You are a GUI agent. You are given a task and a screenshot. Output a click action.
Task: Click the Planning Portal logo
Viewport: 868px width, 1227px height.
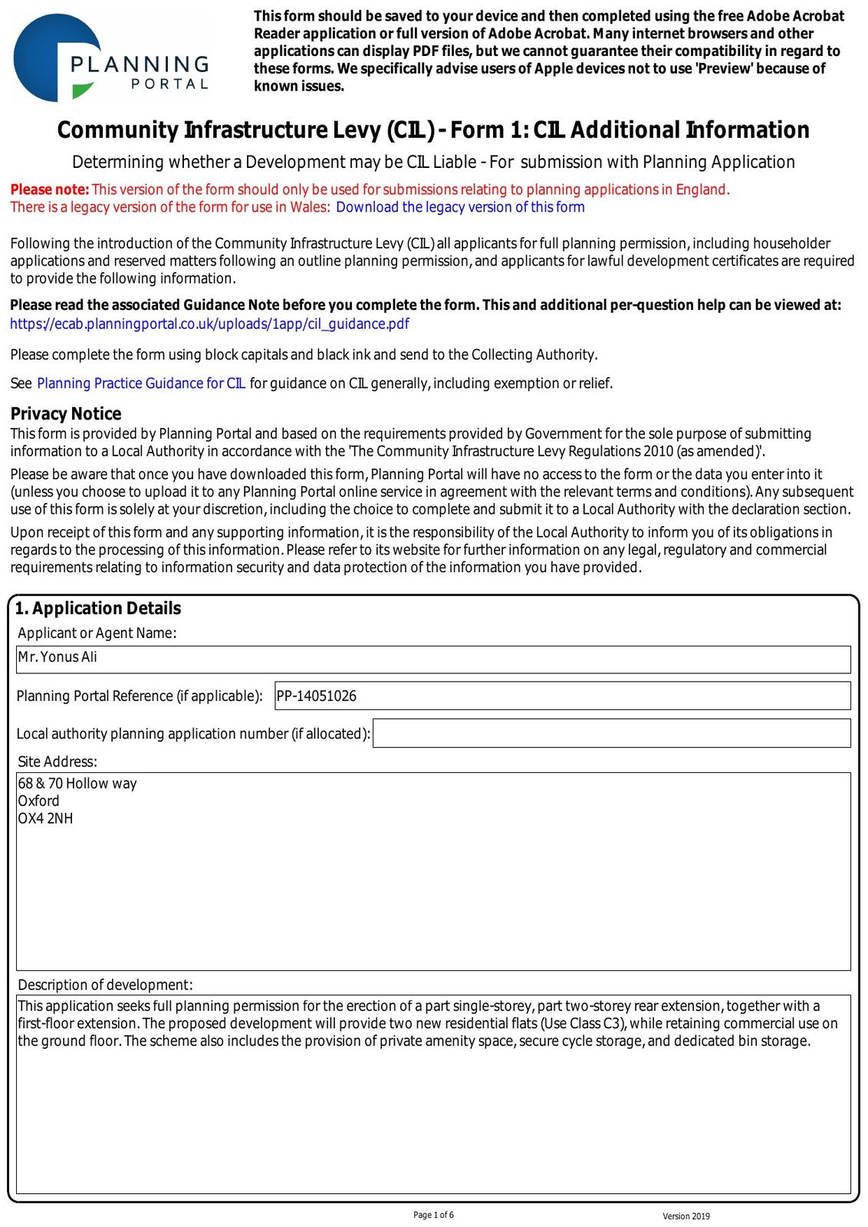(111, 58)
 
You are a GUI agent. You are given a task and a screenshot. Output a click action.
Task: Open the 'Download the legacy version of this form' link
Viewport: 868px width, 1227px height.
(460, 207)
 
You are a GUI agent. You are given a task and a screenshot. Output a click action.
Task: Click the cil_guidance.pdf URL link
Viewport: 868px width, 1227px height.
(209, 324)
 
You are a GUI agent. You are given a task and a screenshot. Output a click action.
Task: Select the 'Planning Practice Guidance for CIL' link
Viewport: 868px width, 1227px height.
(141, 383)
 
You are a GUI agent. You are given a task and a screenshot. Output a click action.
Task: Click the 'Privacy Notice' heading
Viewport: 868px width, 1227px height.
(66, 414)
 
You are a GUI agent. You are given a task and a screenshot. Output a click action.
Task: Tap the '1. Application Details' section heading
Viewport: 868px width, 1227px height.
(98, 608)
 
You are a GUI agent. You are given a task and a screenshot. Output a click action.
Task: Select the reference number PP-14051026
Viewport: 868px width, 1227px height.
(317, 696)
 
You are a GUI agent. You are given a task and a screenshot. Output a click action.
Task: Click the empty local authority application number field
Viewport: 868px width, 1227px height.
(611, 733)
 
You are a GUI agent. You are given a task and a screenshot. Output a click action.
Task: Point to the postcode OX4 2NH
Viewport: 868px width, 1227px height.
(46, 818)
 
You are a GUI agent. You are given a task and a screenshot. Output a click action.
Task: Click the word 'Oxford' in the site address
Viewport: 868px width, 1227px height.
(38, 801)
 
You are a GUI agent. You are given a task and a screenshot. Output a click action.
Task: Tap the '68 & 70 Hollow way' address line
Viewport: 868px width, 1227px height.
(77, 783)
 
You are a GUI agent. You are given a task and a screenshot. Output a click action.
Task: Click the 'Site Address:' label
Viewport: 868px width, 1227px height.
(58, 762)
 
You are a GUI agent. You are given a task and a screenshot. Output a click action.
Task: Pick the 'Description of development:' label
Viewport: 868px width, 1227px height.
(105, 985)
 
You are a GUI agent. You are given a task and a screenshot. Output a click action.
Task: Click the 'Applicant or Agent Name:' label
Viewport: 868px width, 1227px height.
(97, 633)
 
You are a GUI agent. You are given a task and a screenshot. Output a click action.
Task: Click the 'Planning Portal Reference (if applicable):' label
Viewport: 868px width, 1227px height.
(140, 696)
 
